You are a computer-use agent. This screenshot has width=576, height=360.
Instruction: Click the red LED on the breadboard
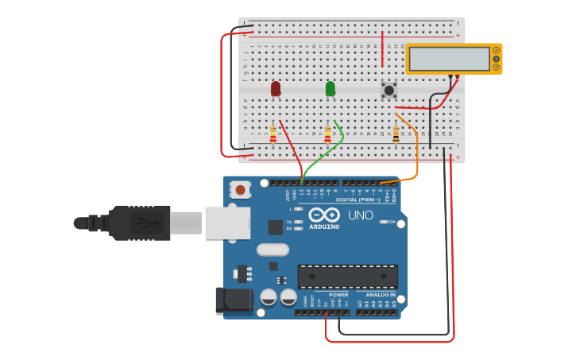[276, 88]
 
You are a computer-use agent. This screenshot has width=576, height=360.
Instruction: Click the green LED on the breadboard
[331, 88]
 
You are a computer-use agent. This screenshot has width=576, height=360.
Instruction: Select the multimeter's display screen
[449, 59]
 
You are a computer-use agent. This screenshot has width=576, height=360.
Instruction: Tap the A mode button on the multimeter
[497, 50]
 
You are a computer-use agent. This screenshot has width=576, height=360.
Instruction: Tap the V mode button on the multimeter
[497, 59]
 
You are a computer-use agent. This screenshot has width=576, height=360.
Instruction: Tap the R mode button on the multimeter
[497, 68]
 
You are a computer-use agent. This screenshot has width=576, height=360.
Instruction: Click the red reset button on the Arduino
[239, 190]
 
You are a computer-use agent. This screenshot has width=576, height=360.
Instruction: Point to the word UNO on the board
[361, 215]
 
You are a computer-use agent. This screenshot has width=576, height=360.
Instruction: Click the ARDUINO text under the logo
[324, 226]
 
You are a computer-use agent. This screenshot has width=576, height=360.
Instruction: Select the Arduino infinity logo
[324, 215]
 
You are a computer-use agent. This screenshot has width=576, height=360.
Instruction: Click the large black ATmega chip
[347, 277]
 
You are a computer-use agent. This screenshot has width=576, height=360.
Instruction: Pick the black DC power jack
[234, 300]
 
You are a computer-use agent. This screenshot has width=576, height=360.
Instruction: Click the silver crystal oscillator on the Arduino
[273, 250]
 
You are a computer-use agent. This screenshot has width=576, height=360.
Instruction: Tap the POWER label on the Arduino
[338, 295]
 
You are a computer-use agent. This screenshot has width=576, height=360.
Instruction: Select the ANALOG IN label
[381, 295]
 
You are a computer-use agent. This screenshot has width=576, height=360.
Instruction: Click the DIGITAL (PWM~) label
[358, 199]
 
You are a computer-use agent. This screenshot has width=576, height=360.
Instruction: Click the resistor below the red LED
[273, 134]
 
